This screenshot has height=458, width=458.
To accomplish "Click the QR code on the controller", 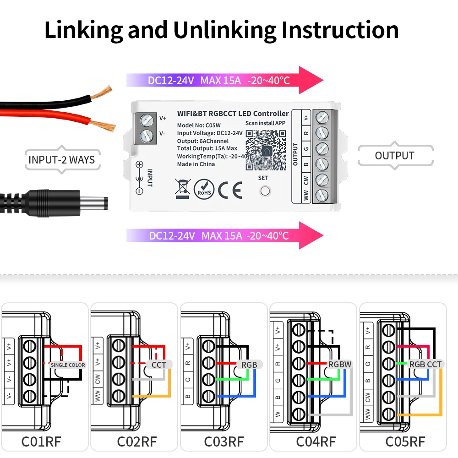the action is pyautogui.click(x=266, y=150).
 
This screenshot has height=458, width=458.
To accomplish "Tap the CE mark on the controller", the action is pyautogui.click(x=230, y=190).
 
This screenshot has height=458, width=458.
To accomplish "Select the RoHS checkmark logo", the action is pyautogui.click(x=204, y=189).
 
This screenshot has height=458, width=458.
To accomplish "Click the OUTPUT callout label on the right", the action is pyautogui.click(x=395, y=155).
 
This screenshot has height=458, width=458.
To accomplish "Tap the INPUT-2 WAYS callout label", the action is pyautogui.click(x=62, y=160).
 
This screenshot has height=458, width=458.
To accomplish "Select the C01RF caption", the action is pyautogui.click(x=41, y=442).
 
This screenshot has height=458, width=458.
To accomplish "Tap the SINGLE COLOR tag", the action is pyautogui.click(x=68, y=365).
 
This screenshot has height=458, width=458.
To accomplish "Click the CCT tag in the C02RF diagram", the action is pyautogui.click(x=158, y=365).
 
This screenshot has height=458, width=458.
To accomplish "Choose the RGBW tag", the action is pyautogui.click(x=340, y=365).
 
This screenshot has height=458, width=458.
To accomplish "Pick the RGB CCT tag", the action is pyautogui.click(x=425, y=365).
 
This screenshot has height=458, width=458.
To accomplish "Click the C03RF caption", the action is pyautogui.click(x=224, y=442).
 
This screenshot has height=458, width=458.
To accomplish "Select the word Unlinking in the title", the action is pyautogui.click(x=224, y=30).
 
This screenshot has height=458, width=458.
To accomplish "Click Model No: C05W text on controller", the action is pyautogui.click(x=199, y=125).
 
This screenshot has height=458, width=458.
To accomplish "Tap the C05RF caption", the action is pyautogui.click(x=405, y=442).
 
